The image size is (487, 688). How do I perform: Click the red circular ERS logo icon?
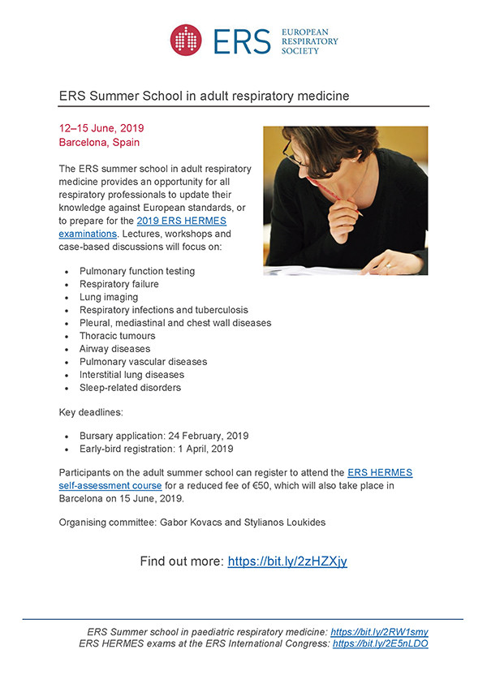point(186,41)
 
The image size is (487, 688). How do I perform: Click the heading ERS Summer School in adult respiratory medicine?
point(204,96)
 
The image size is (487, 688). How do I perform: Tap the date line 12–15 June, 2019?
point(101,128)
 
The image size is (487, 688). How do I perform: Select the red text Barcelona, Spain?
point(99,142)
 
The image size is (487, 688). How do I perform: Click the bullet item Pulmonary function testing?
point(137,271)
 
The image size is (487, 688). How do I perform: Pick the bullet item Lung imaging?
point(109,297)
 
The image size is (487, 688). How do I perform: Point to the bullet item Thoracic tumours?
point(117,336)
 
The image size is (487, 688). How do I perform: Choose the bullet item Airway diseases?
point(114,349)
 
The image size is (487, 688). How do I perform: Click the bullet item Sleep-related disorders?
point(130,388)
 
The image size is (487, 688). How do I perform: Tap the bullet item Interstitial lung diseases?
point(131,375)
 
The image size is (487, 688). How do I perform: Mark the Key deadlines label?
point(92,413)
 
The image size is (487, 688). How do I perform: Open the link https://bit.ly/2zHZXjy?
point(287,561)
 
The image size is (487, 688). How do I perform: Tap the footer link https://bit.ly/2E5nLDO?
point(380,643)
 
